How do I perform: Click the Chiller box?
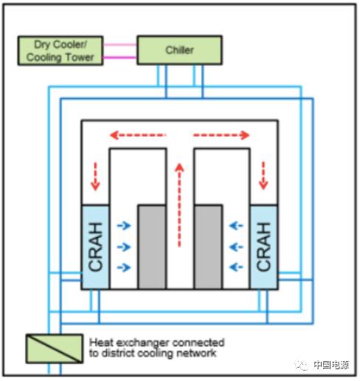(x=179, y=50)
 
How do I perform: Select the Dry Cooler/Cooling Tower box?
(x=60, y=51)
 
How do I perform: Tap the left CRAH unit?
(x=95, y=247)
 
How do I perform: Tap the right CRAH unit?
(x=264, y=247)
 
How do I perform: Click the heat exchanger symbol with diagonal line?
(x=55, y=349)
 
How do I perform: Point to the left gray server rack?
(x=152, y=247)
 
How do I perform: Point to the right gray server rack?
(x=208, y=247)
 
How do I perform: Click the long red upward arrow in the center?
(x=179, y=205)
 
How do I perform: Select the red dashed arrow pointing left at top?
(x=138, y=135)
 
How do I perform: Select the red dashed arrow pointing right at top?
(x=221, y=135)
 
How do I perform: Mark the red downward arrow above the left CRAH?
(x=95, y=176)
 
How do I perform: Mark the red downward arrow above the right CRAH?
(x=263, y=176)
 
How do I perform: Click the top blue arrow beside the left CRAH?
(x=124, y=225)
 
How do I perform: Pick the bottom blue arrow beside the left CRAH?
(x=124, y=267)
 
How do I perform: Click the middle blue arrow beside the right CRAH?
(x=236, y=247)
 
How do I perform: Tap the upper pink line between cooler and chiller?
(x=120, y=45)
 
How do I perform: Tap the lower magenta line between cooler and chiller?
(x=120, y=58)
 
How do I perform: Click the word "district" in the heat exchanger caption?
(x=117, y=353)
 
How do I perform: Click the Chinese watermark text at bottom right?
(x=331, y=365)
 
